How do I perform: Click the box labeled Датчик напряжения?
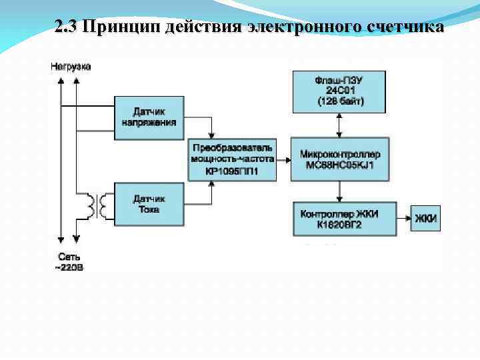pos(149,117)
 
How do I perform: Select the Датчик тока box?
pos(149,204)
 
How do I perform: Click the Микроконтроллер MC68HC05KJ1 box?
pos(340,159)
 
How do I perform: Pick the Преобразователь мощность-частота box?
pos(232,160)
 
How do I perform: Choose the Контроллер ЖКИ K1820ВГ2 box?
pos(345,219)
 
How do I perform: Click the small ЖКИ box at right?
pos(425,219)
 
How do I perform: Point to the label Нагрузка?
pos(71,67)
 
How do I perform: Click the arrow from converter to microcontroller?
pos(283,160)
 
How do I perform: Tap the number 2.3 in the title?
pos(67,28)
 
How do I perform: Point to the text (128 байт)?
pos(340,102)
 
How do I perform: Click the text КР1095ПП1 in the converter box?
pos(232,171)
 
